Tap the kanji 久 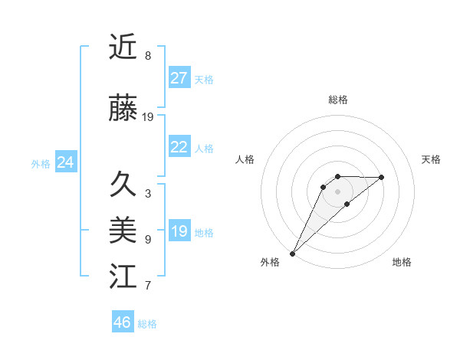click(x=123, y=185)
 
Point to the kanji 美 click(x=123, y=230)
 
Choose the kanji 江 click(x=123, y=276)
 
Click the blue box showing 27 click(x=179, y=78)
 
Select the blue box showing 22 click(x=179, y=147)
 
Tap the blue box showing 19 click(x=179, y=231)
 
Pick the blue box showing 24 click(x=66, y=162)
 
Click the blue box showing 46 click(x=123, y=322)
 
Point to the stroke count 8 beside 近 click(x=148, y=56)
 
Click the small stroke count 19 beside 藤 click(x=148, y=117)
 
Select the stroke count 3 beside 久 click(x=148, y=194)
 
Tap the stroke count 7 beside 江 click(x=148, y=286)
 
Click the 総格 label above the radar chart click(x=337, y=100)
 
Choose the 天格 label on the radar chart click(x=432, y=159)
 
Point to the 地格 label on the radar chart click(x=402, y=262)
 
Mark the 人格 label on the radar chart click(x=245, y=159)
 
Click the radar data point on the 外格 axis click(x=292, y=253)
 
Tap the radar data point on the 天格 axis click(x=382, y=177)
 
